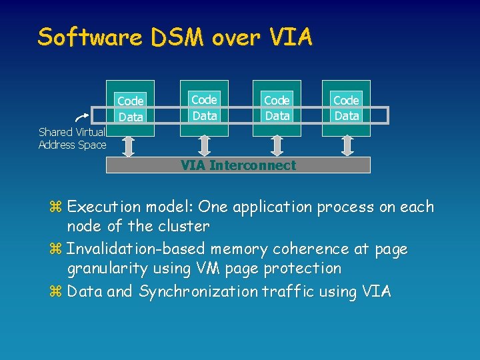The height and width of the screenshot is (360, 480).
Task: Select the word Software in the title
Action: click(89, 37)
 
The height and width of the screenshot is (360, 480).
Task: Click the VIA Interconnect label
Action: click(238, 165)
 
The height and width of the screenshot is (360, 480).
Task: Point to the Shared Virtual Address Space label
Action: click(72, 138)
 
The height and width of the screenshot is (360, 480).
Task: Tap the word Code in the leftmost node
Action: click(131, 101)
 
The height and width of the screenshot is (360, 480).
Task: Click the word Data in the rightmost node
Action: click(347, 115)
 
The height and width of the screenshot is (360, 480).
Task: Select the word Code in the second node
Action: click(204, 100)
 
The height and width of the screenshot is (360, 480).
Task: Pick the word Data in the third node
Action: click(277, 115)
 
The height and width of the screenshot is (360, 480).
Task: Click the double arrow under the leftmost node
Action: click(131, 145)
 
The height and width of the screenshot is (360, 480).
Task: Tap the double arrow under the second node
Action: click(204, 145)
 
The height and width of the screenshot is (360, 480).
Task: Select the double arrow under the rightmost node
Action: click(347, 145)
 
